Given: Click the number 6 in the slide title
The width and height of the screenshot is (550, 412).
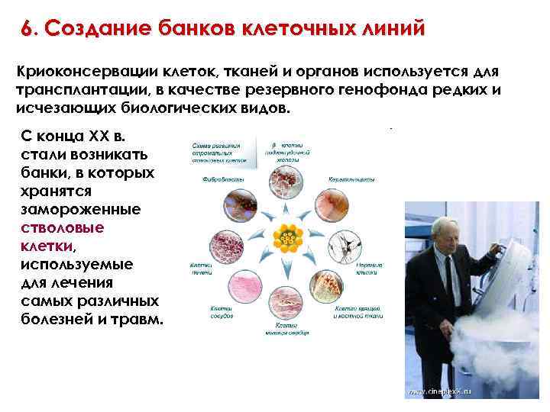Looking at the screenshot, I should coord(27,29).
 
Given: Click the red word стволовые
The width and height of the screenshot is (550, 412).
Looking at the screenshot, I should coord(63,227).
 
